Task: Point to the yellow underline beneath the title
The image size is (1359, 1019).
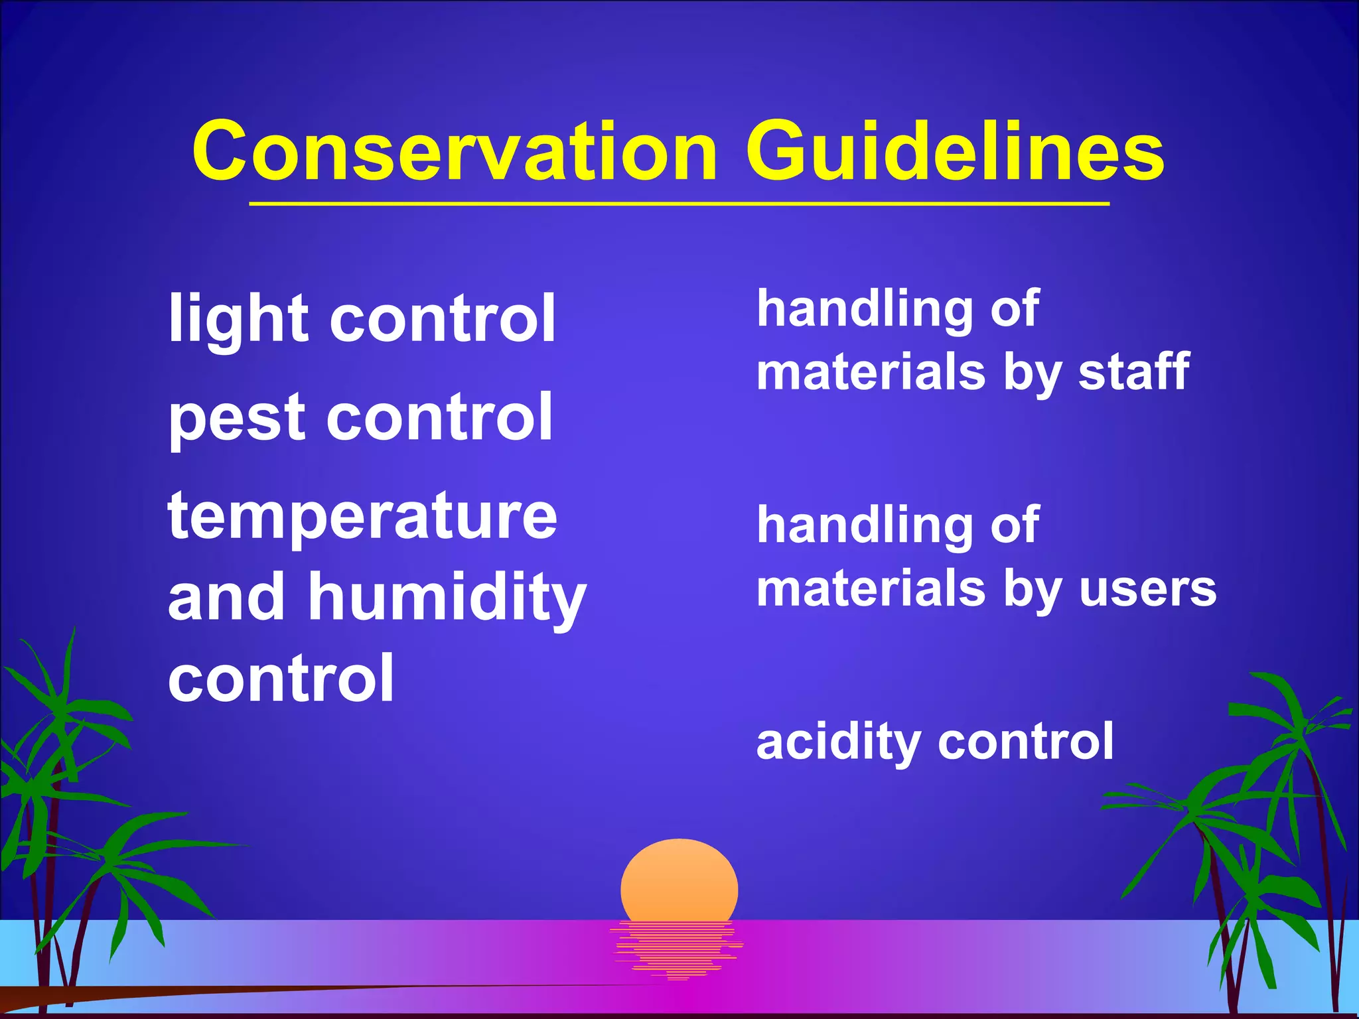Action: [679, 204]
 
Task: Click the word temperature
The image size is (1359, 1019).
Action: [362, 517]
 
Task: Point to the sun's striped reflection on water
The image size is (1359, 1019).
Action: [677, 949]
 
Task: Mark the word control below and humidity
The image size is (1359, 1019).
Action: [281, 678]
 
